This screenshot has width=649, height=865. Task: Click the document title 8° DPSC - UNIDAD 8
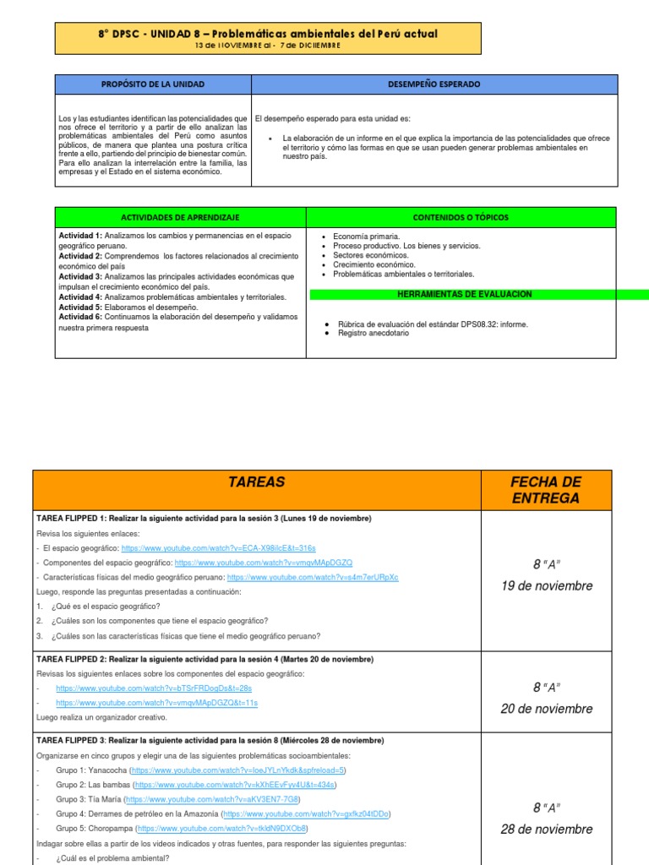click(268, 35)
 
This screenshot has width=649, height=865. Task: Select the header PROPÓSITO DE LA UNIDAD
click(153, 84)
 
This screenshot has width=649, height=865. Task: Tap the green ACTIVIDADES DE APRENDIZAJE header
click(182, 217)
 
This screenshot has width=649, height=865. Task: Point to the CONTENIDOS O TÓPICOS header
click(461, 217)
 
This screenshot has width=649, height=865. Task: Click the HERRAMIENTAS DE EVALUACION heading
click(465, 294)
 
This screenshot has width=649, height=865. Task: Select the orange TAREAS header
click(256, 482)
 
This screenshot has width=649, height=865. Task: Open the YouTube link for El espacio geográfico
click(218, 548)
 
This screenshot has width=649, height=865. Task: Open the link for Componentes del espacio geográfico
click(263, 563)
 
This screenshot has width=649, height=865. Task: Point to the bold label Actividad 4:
click(80, 297)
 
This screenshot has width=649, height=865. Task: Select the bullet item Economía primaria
click(367, 237)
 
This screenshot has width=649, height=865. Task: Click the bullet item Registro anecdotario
click(373, 333)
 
